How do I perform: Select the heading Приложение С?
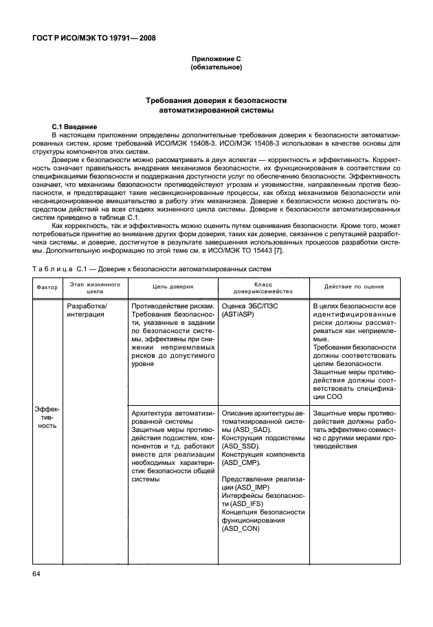[x=216, y=60]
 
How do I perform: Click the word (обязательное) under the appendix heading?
[x=216, y=68]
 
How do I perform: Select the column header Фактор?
[x=47, y=287]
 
